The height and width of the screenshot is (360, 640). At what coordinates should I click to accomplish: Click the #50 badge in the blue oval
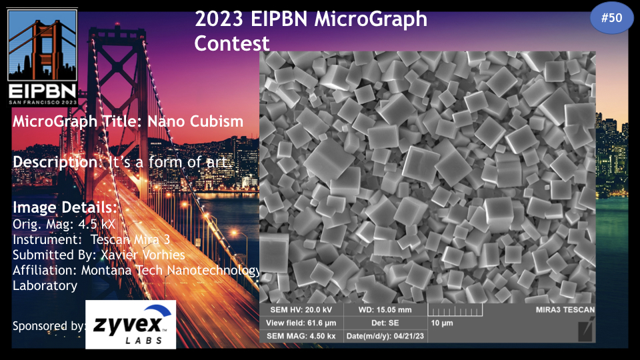pyautogui.click(x=611, y=17)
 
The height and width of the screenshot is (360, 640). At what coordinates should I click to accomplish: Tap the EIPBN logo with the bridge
pyautogui.click(x=43, y=57)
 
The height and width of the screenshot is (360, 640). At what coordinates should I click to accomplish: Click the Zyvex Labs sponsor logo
pyautogui.click(x=131, y=325)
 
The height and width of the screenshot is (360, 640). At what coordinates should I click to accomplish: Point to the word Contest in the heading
pyautogui.click(x=232, y=43)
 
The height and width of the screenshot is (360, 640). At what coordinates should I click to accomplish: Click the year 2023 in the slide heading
pyautogui.click(x=219, y=19)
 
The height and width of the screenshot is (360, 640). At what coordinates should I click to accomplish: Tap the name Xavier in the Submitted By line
pyautogui.click(x=120, y=255)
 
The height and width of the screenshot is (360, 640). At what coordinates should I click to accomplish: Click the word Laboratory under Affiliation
pyautogui.click(x=45, y=286)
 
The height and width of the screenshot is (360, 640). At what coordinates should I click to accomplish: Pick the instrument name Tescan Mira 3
pyautogui.click(x=130, y=239)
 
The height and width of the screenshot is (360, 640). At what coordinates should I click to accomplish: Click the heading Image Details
pyautogui.click(x=65, y=207)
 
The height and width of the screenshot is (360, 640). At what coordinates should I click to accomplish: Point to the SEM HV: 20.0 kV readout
pyautogui.click(x=301, y=310)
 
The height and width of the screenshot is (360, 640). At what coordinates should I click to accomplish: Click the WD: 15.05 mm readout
pyautogui.click(x=385, y=310)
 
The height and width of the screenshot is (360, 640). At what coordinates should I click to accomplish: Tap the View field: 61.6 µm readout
pyautogui.click(x=301, y=323)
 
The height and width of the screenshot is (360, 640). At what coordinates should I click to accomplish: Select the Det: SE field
pyautogui.click(x=385, y=323)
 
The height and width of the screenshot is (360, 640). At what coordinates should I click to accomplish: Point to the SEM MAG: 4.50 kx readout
pyautogui.click(x=301, y=336)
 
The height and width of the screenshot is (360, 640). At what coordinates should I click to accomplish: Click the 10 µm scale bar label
pyautogui.click(x=442, y=323)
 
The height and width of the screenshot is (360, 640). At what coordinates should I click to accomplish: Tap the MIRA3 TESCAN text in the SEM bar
pyautogui.click(x=565, y=310)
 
